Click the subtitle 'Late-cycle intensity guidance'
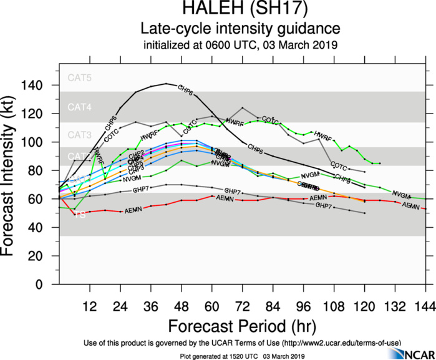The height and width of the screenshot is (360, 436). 240,29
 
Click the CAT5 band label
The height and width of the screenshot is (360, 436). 80,79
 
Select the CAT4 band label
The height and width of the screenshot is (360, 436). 80,107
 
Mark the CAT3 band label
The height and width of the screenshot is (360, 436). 80,135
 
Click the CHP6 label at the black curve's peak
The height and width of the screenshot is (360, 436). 186,88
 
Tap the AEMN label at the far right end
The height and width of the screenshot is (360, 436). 410,205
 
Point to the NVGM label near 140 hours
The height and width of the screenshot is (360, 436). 402,195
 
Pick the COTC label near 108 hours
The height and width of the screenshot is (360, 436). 339,166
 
